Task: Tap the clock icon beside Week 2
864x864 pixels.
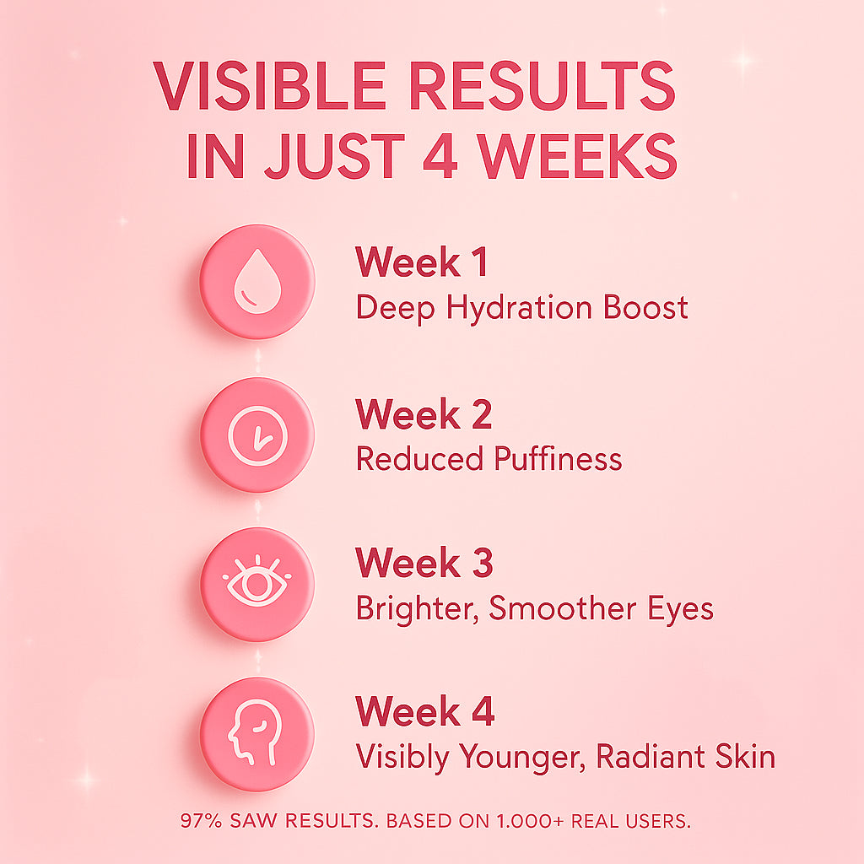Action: pos(256,435)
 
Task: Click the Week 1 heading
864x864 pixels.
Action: pos(421,262)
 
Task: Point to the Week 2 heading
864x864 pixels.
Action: pos(424,414)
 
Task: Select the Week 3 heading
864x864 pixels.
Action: pos(424,564)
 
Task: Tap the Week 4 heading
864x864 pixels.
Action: pos(424,712)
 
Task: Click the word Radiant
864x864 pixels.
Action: pos(648,756)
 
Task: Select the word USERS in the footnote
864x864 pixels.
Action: pos(658,820)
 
